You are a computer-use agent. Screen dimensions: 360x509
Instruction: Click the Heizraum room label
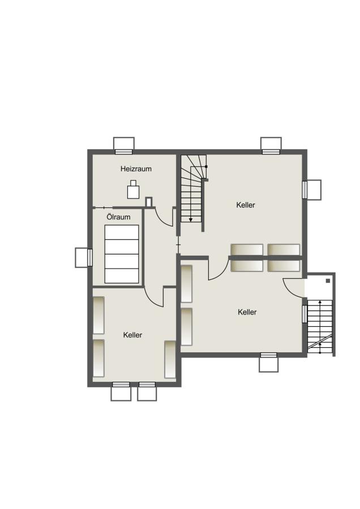point(136,169)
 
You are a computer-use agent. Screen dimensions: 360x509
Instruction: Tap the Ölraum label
point(118,217)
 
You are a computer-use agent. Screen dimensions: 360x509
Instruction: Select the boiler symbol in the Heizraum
point(133,189)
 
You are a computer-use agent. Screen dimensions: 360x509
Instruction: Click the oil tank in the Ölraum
point(122,254)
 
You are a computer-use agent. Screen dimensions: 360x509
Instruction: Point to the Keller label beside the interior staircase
point(246,205)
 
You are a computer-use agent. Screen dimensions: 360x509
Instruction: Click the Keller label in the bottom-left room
point(132,335)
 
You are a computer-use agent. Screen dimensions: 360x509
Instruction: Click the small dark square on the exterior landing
point(328,281)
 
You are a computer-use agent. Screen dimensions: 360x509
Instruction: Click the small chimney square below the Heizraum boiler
point(149,202)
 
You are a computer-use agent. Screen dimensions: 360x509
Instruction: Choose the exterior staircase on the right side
point(320,326)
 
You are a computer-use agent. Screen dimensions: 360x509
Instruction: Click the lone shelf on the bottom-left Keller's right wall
point(170,359)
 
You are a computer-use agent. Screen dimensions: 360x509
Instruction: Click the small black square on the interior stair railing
point(206,166)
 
